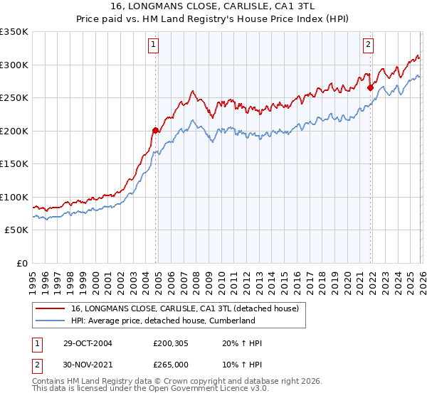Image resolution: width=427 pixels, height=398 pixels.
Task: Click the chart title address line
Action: click(213, 6)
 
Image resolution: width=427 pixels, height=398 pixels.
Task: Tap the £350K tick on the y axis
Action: click(14, 32)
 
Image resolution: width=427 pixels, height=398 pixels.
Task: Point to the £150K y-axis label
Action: click(14, 163)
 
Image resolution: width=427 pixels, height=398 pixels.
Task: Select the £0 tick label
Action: click(23, 263)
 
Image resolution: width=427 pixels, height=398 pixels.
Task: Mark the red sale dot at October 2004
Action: click(155, 130)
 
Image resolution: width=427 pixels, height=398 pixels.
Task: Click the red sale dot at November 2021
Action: click(370, 87)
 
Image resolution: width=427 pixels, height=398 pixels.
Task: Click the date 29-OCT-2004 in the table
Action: click(88, 343)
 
